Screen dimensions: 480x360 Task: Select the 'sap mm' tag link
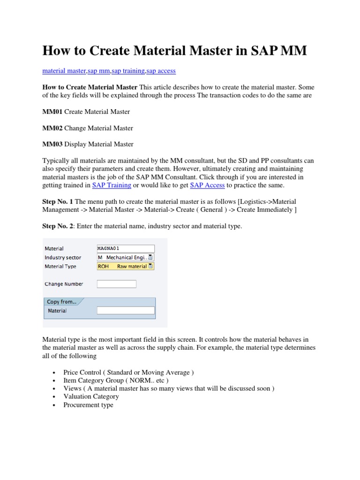click(98, 71)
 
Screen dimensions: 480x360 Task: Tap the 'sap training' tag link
click(128, 71)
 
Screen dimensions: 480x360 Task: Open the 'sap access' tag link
click(161, 71)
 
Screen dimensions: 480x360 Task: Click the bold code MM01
click(52, 112)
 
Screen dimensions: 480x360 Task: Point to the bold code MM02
click(52, 128)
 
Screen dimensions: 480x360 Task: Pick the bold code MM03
click(52, 144)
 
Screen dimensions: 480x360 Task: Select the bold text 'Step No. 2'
click(58, 226)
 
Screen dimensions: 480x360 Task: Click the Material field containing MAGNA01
click(125, 248)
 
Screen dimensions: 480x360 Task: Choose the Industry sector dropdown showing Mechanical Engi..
click(125, 257)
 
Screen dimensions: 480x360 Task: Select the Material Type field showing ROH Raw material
click(125, 266)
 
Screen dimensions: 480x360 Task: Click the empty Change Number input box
click(116, 284)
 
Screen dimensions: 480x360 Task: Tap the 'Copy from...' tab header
click(61, 302)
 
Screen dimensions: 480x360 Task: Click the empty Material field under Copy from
click(125, 310)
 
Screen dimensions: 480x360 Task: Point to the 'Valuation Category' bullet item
click(91, 397)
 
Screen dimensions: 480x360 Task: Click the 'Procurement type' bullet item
click(88, 405)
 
